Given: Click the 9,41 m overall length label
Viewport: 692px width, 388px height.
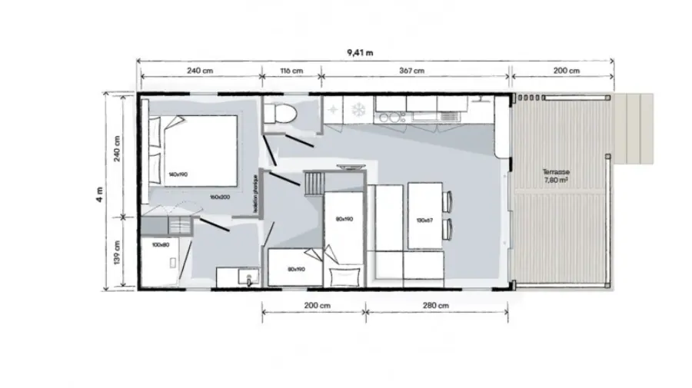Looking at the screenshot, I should coord(360,53).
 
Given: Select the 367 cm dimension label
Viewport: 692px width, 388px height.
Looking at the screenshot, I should coord(412,71).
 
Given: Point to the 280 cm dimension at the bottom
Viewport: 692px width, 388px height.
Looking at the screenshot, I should coord(435,305).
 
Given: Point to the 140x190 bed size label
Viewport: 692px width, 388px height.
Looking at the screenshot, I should coord(178,174).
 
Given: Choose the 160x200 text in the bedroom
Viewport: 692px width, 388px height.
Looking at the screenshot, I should coord(219,197).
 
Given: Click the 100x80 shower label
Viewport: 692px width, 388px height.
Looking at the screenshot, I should coord(160,245).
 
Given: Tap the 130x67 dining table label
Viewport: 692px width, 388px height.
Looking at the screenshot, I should coord(424,220).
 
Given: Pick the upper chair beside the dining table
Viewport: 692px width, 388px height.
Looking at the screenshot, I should coord(448,202).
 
